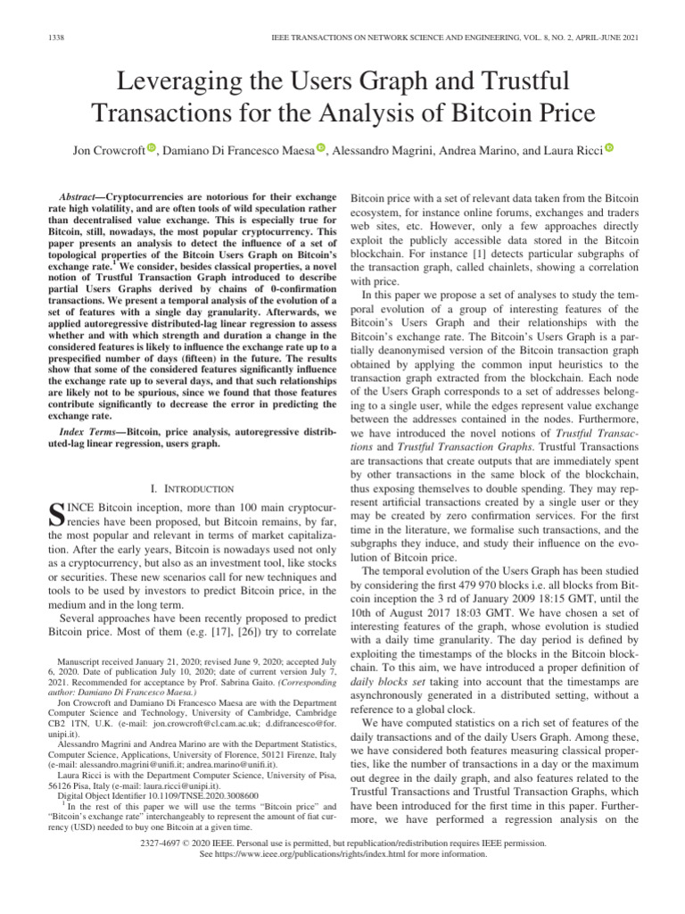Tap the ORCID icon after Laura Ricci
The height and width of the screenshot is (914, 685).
pyautogui.click(x=609, y=148)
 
